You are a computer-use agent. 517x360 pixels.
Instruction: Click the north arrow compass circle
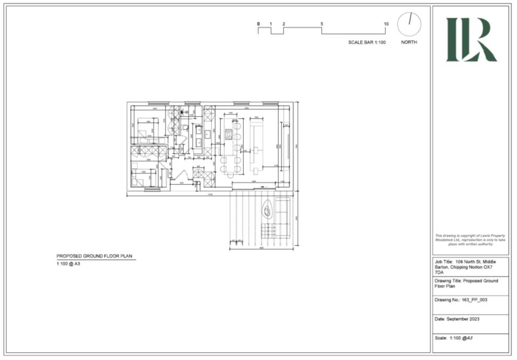tap(409, 25)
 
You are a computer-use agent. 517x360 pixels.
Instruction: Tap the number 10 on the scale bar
tap(386, 24)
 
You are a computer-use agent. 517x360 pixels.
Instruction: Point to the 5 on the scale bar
tap(322, 24)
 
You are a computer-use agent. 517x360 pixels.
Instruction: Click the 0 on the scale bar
tap(258, 24)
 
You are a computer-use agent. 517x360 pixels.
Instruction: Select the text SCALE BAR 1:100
tap(367, 42)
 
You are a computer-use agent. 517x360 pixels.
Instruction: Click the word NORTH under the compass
tap(409, 42)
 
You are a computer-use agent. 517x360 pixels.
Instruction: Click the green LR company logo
tap(471, 40)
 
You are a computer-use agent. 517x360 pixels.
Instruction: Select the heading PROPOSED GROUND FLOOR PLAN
tap(95, 256)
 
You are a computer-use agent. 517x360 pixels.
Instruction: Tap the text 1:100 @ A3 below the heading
tap(68, 264)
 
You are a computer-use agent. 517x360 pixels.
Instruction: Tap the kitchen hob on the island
tap(229, 134)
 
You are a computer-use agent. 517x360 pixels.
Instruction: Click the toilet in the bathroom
tap(184, 127)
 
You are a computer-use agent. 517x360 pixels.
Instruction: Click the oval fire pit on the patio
tap(267, 211)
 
